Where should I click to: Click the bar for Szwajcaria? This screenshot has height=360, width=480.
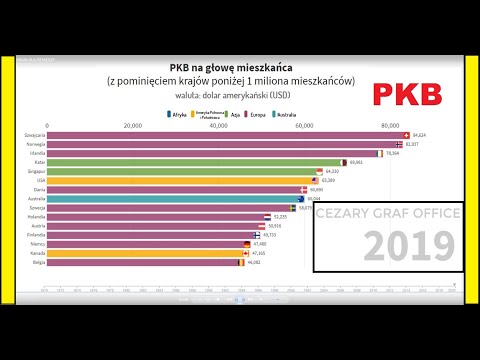click(220, 135)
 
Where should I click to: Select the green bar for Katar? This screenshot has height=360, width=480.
click(190, 162)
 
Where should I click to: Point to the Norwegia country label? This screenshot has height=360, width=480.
click(30, 144)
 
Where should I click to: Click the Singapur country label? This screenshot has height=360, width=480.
click(30, 171)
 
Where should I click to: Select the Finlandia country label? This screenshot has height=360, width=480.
click(29, 235)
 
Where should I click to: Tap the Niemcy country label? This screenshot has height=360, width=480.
click(31, 244)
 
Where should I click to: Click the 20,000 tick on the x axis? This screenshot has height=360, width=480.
click(132, 126)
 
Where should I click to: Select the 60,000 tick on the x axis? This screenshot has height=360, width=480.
click(304, 126)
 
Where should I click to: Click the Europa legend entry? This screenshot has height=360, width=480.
click(272, 115)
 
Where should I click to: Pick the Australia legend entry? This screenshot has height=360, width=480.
click(306, 115)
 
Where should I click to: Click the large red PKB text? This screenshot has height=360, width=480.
click(407, 95)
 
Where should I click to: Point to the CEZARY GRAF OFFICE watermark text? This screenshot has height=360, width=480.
click(387, 213)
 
